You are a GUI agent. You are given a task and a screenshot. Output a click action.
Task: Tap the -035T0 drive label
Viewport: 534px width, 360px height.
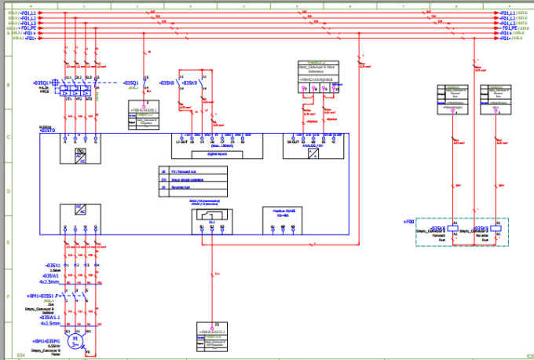[x=47, y=130]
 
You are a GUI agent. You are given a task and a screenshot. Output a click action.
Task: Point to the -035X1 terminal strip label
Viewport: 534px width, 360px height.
[x=53, y=266]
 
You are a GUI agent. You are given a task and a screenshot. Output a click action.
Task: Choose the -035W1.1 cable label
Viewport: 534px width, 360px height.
[x=48, y=317]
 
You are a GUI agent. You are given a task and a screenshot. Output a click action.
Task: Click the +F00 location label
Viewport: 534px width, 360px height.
[x=408, y=222]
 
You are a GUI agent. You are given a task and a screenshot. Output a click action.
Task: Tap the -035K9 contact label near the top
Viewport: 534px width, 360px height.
[x=190, y=82]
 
